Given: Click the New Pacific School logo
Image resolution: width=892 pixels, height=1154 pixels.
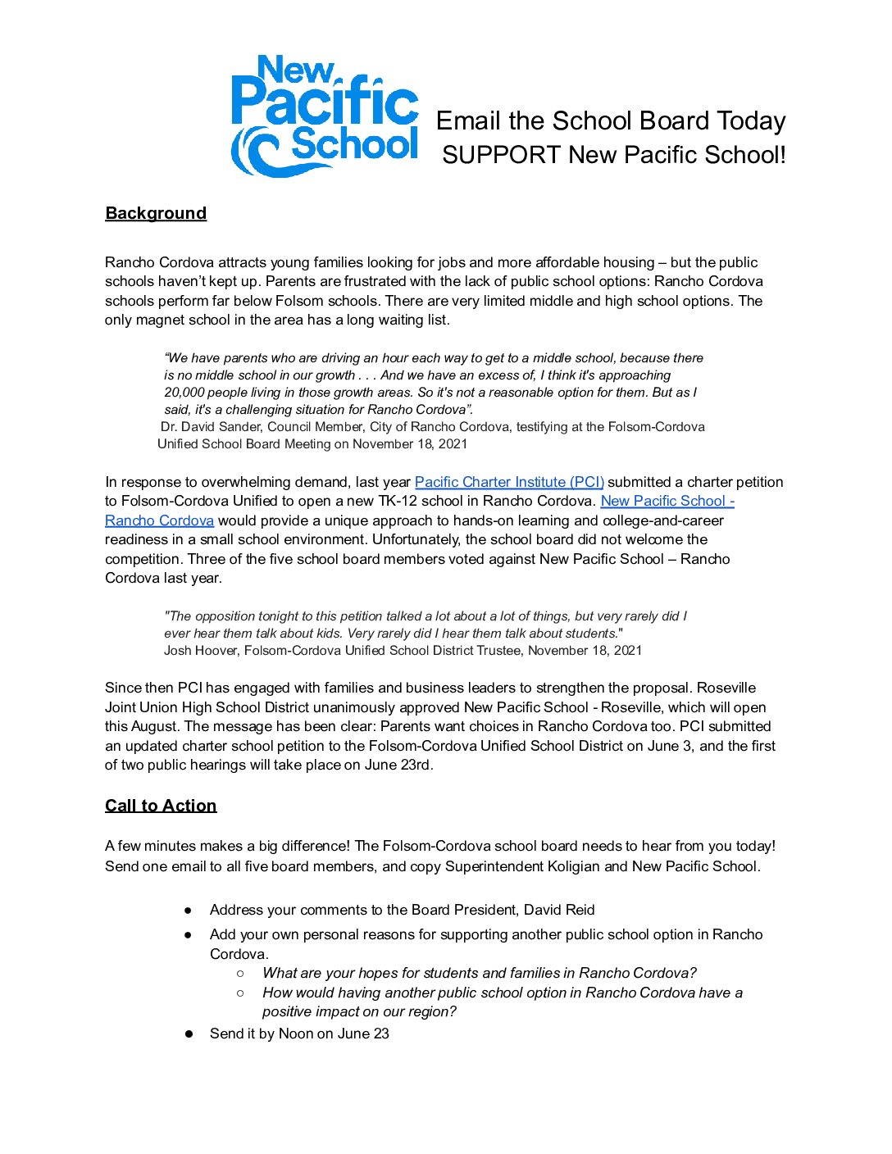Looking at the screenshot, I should pos(325,116).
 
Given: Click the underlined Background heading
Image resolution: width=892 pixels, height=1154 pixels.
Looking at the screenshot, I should pos(156,213).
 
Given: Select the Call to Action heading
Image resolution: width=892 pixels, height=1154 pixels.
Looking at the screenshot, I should pos(161,806).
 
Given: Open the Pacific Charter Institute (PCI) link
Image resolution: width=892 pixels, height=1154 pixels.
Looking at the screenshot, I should pos(509,482).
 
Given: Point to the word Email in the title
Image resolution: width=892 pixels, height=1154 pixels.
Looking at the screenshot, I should pos(468,121).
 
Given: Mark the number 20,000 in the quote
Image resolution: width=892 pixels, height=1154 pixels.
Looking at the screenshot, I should pos(186,393).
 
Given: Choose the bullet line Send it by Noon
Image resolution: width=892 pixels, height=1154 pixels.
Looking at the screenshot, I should pos(299,1034).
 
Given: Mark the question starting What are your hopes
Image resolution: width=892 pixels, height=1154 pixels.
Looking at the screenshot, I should pos(479,973).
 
